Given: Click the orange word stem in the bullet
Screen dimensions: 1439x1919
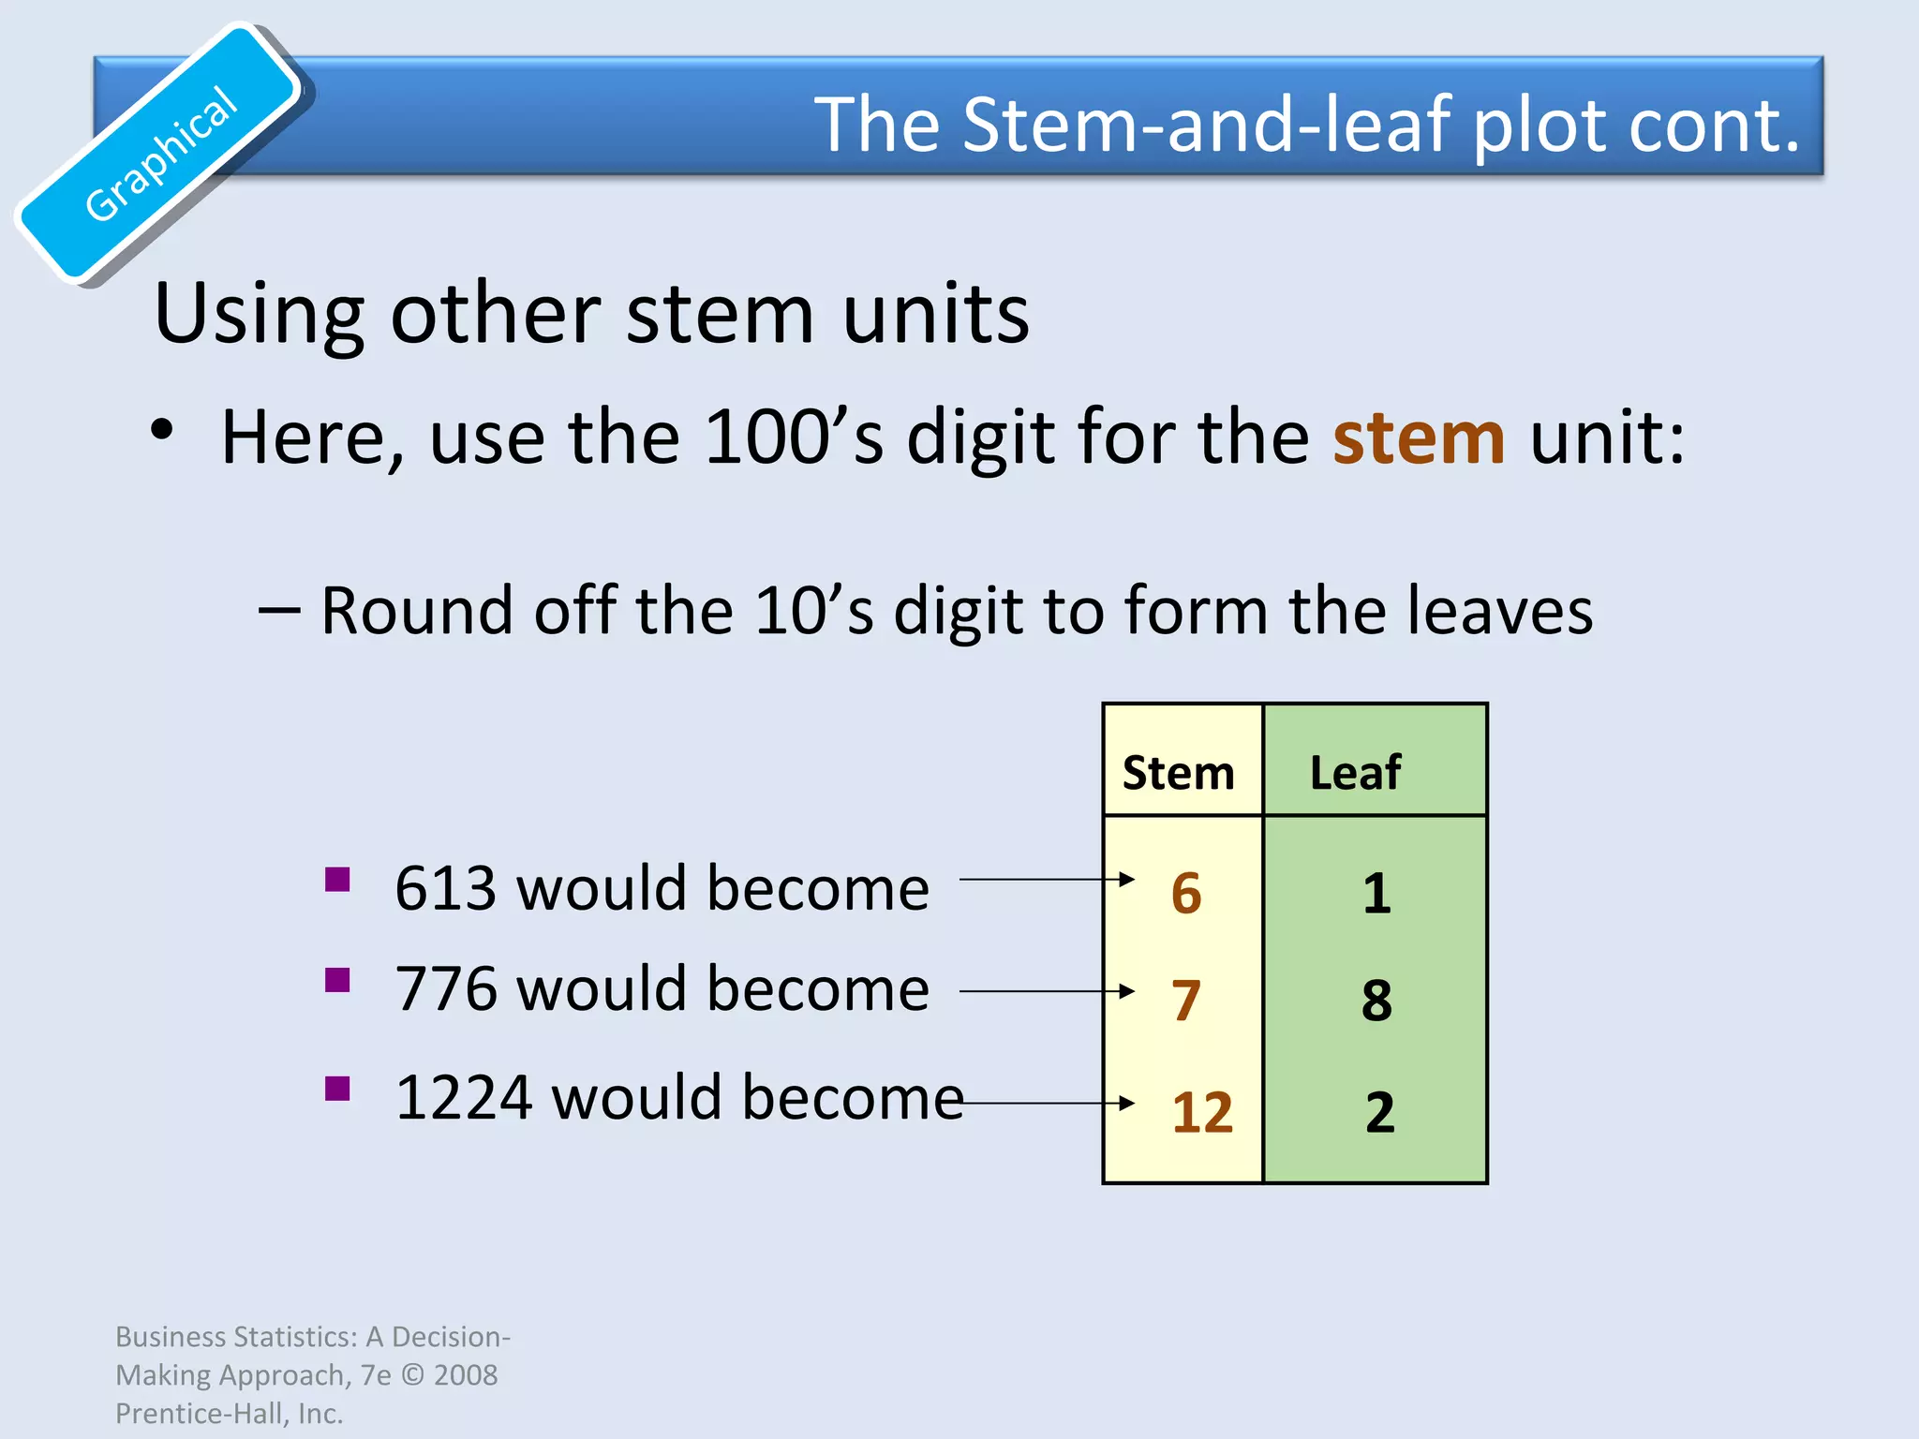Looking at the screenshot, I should [1419, 438].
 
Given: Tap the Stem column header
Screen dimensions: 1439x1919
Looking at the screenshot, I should [1178, 773].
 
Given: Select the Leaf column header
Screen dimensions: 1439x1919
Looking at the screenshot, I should [1355, 773].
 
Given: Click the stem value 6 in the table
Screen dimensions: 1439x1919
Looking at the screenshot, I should [1185, 893].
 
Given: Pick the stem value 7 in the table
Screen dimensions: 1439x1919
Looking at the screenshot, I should [1185, 1001].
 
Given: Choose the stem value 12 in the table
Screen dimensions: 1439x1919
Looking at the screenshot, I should [1201, 1113].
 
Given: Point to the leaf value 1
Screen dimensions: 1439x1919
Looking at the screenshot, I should [1376, 893].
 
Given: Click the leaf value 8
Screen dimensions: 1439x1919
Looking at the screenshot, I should [1376, 1001].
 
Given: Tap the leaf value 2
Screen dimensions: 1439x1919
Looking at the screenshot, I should [1379, 1113].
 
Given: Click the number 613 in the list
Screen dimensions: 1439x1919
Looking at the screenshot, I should [445, 888].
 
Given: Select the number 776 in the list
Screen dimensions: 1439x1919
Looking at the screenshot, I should [445, 989].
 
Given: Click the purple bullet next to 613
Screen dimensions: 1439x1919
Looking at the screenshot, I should [337, 880].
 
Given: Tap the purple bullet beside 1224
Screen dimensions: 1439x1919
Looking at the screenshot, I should [337, 1089].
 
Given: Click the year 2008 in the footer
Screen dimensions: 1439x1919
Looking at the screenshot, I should [466, 1374].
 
